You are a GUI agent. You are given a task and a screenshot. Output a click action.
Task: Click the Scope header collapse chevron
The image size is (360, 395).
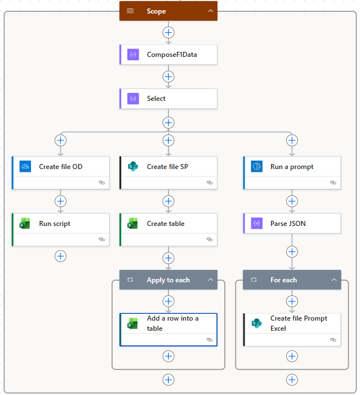point(210,11)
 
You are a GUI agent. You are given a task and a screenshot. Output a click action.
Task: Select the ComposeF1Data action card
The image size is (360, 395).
point(168,55)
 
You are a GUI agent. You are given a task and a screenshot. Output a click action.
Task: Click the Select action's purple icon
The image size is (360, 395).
point(133,99)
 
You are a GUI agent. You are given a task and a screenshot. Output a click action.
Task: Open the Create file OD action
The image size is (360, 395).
point(60,167)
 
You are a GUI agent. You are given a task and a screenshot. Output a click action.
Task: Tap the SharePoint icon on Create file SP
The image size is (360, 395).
point(133,167)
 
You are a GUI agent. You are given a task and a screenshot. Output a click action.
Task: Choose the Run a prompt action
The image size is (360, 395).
point(292,167)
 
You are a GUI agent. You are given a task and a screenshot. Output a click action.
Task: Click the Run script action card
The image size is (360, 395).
point(60,224)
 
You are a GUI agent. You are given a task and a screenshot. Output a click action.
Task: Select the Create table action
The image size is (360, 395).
point(168,224)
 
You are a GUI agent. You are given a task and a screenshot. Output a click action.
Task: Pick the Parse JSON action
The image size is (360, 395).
point(292,224)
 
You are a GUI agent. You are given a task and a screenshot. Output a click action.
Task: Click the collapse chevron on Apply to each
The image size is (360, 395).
point(210,280)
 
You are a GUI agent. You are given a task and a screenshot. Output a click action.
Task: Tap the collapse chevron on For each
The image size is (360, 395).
point(334,280)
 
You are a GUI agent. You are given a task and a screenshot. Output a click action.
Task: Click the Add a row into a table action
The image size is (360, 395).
point(168,323)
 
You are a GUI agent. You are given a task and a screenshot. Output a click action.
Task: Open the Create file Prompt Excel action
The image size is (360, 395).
point(292,323)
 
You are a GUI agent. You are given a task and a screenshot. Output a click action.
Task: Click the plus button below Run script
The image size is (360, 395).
point(61,256)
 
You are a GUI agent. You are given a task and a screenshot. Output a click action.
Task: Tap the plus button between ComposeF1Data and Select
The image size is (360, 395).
point(168,77)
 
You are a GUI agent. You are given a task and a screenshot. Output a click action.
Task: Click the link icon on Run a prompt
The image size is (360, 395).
point(332,183)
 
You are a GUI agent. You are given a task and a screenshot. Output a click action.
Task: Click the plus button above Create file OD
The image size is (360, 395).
point(61,140)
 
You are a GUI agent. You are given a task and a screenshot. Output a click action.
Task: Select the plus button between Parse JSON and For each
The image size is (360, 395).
point(292,252)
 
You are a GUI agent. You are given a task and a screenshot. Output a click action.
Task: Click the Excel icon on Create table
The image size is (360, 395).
point(133,224)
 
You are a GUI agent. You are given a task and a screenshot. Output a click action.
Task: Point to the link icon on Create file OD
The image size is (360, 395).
point(101,183)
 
